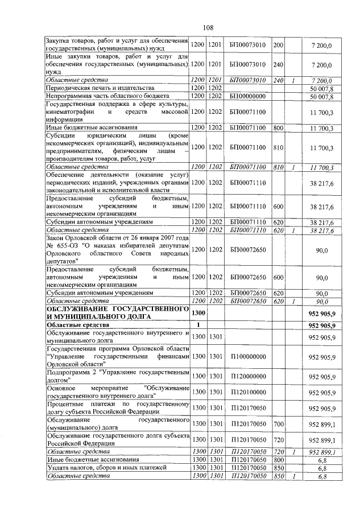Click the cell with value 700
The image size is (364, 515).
click(278, 424)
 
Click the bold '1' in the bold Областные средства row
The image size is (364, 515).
click(198, 325)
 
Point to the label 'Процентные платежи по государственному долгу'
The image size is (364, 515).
click(117, 408)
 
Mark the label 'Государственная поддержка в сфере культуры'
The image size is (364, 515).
click(117, 105)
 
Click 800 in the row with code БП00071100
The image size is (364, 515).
click(278, 129)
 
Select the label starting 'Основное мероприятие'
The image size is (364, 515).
click(117, 392)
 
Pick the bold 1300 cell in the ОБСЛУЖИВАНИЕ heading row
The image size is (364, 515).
click(198, 312)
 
